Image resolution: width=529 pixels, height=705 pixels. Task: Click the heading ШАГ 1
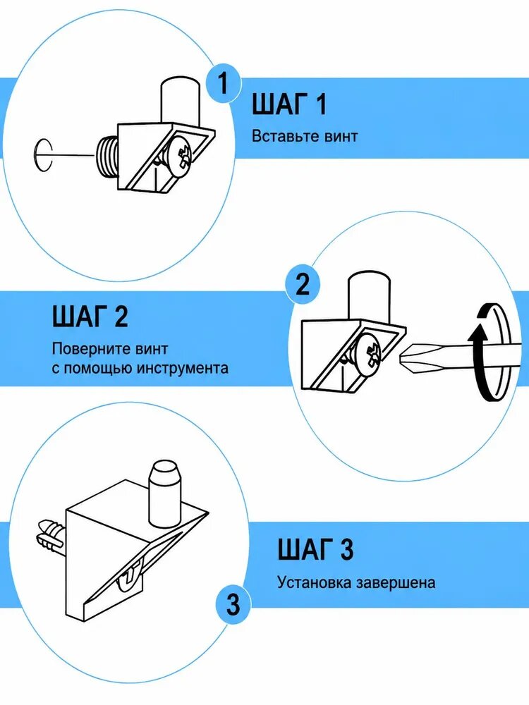click(288, 104)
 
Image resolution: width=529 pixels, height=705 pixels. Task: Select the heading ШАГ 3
click(315, 549)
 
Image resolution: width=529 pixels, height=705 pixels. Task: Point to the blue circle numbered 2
click(303, 284)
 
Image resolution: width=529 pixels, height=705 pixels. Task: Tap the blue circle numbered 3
click(233, 605)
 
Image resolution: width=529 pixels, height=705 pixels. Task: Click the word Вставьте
click(279, 136)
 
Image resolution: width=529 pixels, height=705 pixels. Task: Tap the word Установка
click(314, 583)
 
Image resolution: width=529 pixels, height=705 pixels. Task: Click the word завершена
click(396, 583)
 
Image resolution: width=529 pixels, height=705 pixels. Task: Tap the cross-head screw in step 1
click(180, 157)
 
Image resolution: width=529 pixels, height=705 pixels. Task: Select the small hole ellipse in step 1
click(43, 154)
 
